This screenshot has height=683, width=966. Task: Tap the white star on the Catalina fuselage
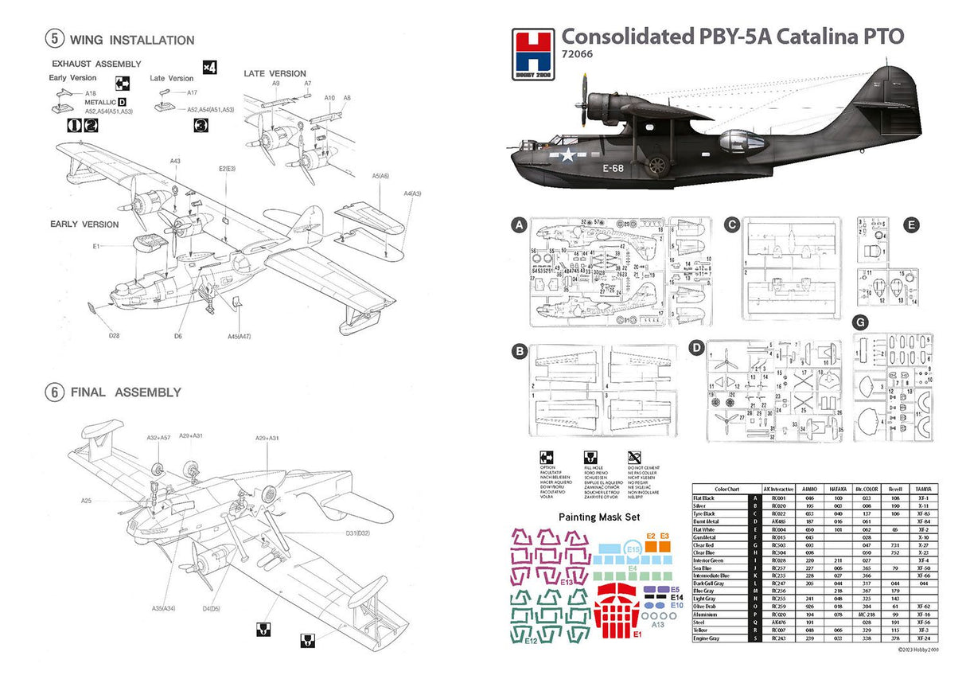click(x=568, y=155)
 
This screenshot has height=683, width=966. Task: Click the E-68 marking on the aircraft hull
click(x=612, y=168)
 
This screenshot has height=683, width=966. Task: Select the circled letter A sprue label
click(x=519, y=226)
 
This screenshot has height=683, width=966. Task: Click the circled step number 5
click(x=55, y=39)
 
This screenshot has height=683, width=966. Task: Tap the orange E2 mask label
click(x=650, y=537)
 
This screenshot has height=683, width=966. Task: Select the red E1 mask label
click(x=637, y=634)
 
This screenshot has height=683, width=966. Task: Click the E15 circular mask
click(x=633, y=549)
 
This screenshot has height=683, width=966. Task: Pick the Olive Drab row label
click(x=708, y=607)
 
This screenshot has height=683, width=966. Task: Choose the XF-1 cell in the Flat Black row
click(x=923, y=498)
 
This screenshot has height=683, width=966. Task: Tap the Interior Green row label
click(x=711, y=560)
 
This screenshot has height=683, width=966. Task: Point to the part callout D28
click(x=115, y=335)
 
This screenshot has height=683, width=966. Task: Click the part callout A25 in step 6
click(x=87, y=501)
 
